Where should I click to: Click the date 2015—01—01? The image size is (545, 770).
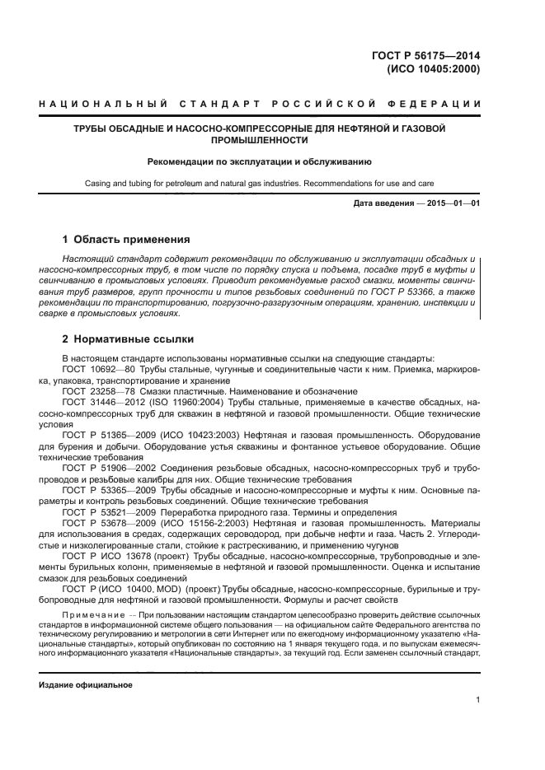(451, 203)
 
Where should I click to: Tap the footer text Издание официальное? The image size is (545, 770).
(86, 684)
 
